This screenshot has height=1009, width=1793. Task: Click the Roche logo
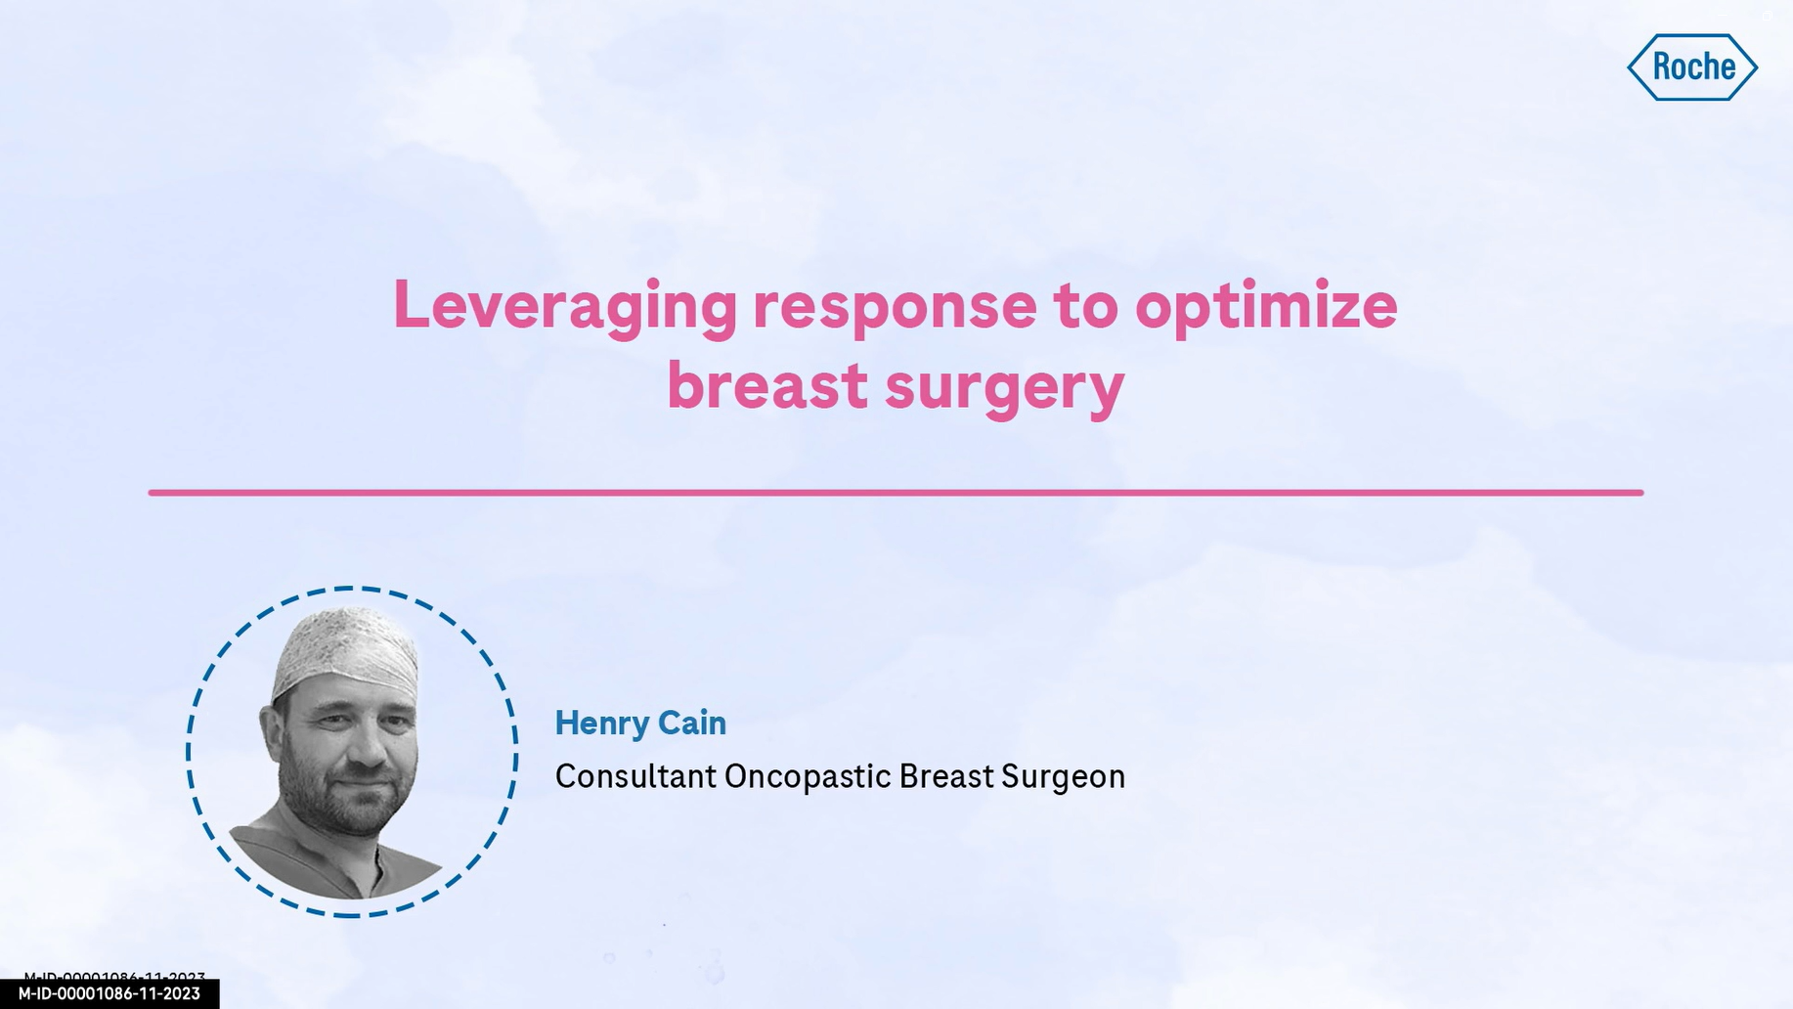click(x=1692, y=67)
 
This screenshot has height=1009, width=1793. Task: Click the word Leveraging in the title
click(x=565, y=307)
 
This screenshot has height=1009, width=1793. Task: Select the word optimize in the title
click(x=1266, y=307)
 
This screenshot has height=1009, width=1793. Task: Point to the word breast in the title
click(x=767, y=385)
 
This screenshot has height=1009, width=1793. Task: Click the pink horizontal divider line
click(x=896, y=493)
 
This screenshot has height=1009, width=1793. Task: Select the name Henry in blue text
click(x=600, y=724)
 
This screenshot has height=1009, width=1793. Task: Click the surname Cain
click(x=692, y=723)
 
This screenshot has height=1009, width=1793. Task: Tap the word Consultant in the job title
click(x=635, y=776)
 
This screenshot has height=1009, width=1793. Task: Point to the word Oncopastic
click(x=808, y=777)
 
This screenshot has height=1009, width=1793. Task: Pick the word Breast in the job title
click(x=945, y=776)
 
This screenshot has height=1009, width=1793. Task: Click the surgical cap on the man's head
click(x=346, y=652)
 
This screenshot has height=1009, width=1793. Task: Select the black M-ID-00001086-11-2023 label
click(x=109, y=993)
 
